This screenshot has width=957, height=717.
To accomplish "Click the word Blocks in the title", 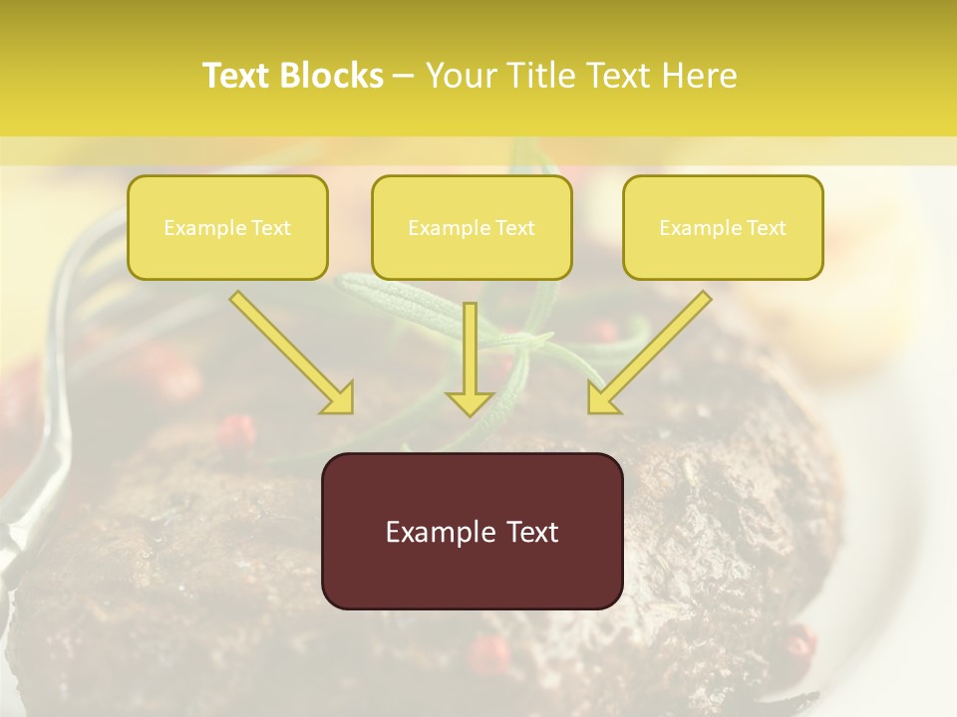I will point(332,76).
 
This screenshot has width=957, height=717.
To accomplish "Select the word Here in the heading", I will point(700,76).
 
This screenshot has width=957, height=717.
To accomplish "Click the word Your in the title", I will point(459,76).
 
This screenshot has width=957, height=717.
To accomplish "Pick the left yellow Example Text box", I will point(227,227).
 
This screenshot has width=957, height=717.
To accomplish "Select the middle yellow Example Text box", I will point(472,227).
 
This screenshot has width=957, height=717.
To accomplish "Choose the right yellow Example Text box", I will point(723,227).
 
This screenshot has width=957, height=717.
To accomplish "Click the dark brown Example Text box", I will point(472,531).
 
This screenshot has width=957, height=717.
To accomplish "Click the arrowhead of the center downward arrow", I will point(470,402).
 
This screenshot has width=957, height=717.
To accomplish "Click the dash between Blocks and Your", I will point(404,76).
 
